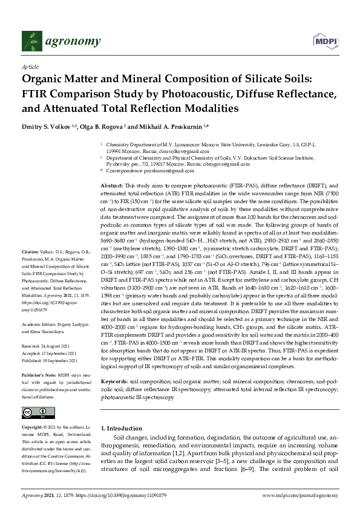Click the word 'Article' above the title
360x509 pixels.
30,67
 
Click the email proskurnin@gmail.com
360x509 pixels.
157,171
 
